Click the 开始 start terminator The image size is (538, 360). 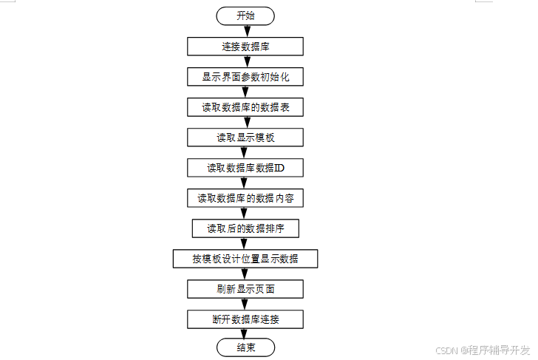pos(245,16)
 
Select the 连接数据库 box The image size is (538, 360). pos(245,46)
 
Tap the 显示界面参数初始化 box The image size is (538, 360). pos(245,76)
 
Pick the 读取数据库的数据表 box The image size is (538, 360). pos(245,106)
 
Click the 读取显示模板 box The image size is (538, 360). pos(245,137)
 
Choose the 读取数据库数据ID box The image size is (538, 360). pos(245,168)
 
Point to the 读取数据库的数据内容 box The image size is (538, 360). pos(245,198)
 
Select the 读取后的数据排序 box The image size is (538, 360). pos(245,228)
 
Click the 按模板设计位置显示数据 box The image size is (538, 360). pos(245,259)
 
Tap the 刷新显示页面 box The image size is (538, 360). pos(245,289)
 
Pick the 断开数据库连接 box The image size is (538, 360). pos(245,319)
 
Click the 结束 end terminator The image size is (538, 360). pos(245,347)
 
